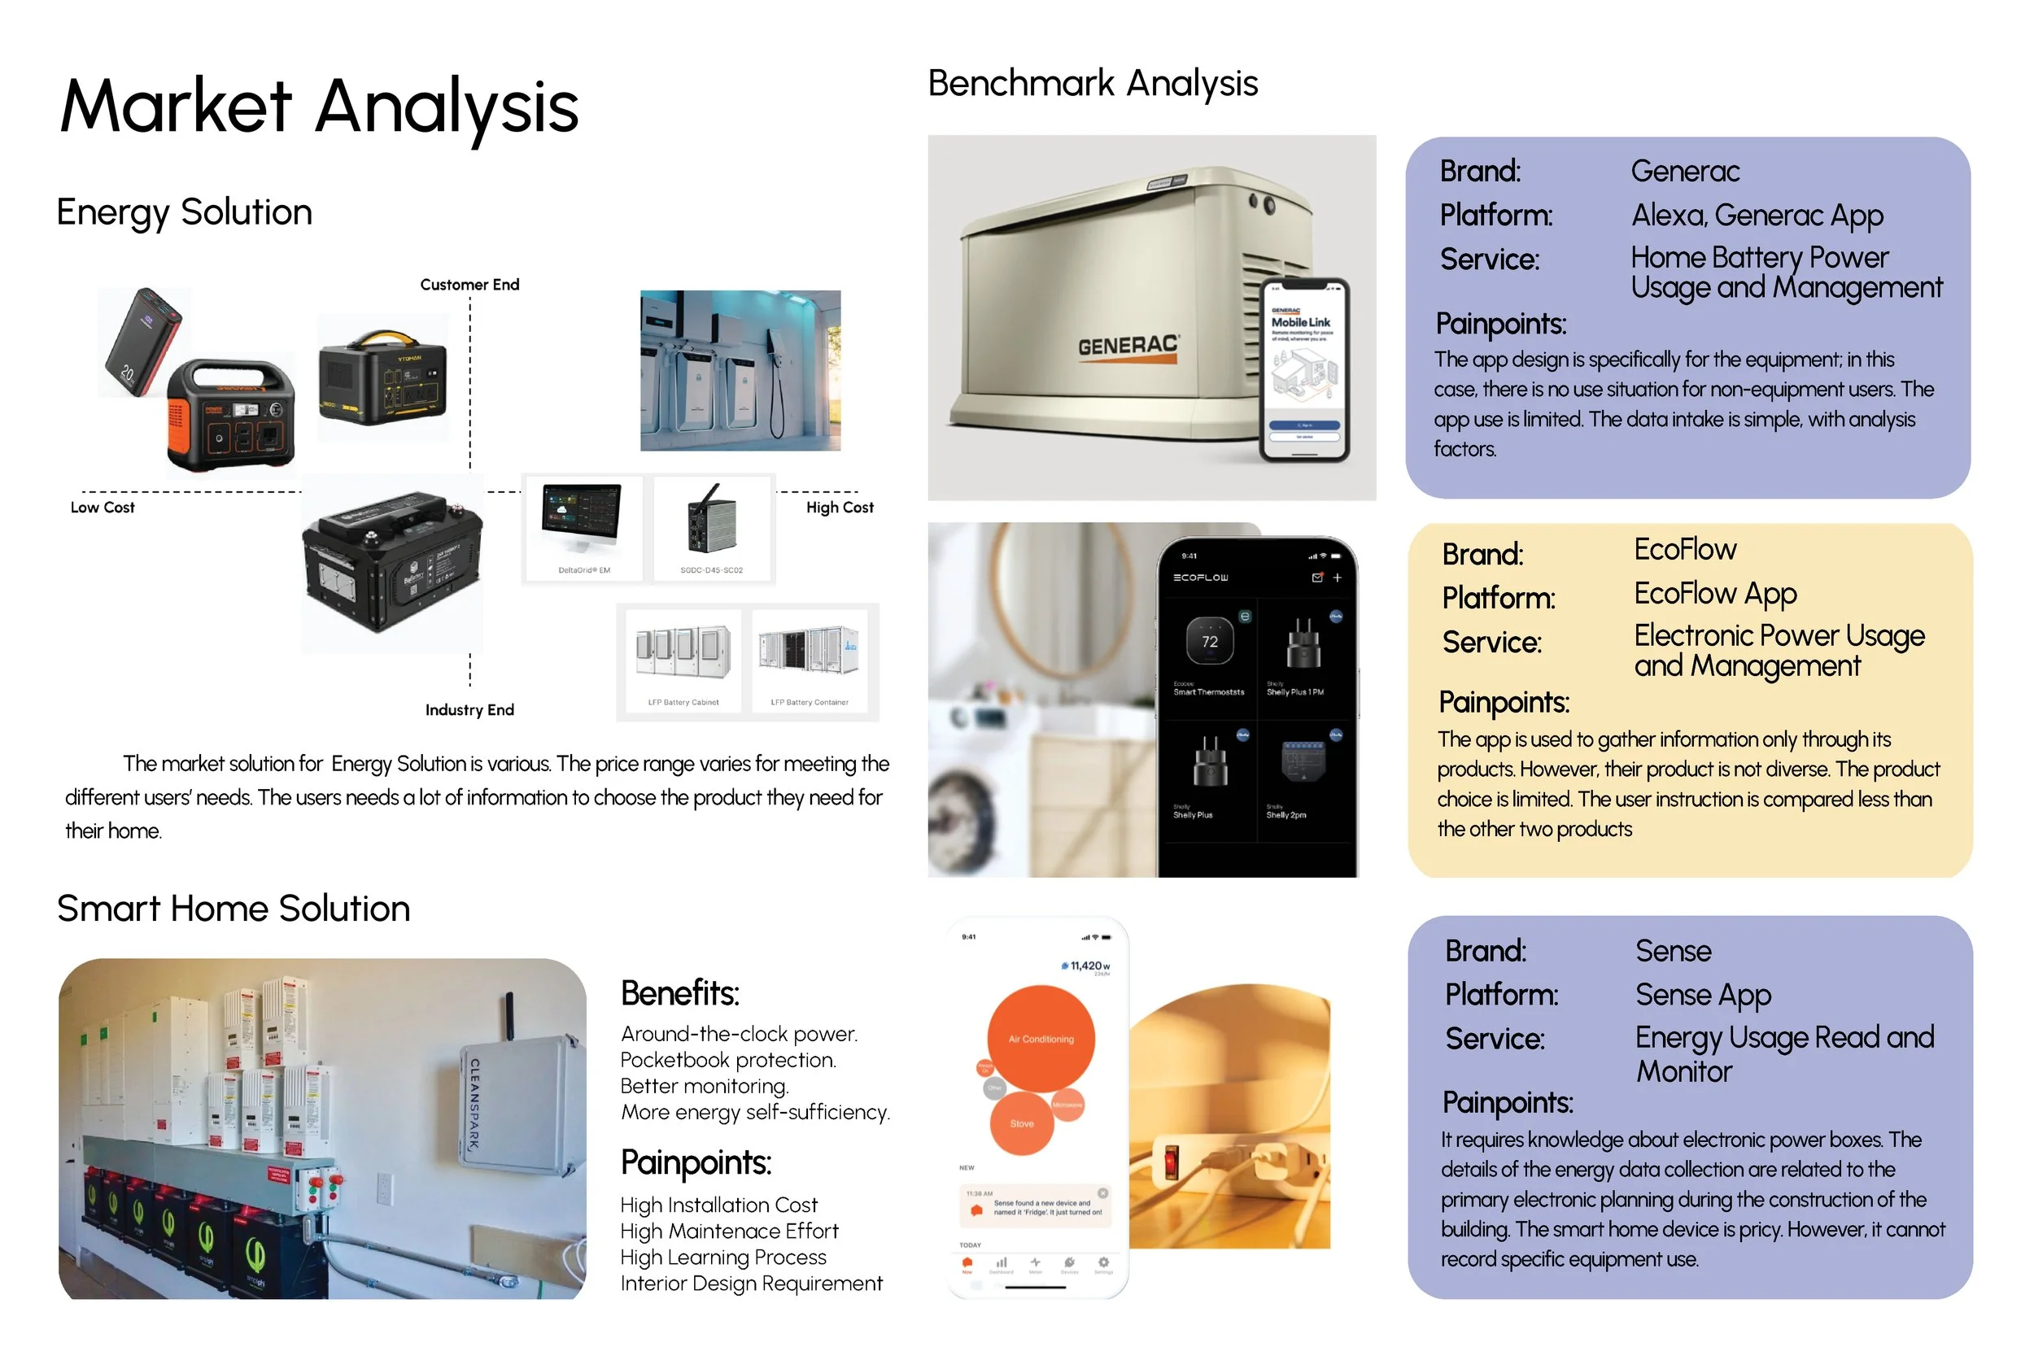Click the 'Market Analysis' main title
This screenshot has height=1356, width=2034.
(x=319, y=107)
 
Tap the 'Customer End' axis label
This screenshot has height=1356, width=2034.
(x=469, y=285)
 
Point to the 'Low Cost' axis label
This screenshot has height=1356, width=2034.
(x=102, y=508)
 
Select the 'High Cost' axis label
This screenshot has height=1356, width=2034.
(x=839, y=508)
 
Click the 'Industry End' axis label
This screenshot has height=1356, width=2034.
(x=469, y=710)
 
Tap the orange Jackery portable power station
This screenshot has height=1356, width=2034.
(x=232, y=415)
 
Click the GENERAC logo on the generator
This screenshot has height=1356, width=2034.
(x=1128, y=346)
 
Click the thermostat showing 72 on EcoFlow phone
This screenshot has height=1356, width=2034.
(x=1209, y=641)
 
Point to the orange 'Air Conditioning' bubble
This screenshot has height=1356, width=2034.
(x=1041, y=1038)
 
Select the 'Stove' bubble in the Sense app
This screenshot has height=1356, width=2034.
(x=1021, y=1123)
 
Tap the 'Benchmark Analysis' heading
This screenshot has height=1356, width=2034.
(x=1092, y=84)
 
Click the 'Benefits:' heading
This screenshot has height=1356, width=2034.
(x=679, y=994)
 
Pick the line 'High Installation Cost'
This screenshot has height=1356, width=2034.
(x=718, y=1205)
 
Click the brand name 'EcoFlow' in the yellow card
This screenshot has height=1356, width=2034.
(x=1684, y=549)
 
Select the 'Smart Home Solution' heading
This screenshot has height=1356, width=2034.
(x=234, y=909)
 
